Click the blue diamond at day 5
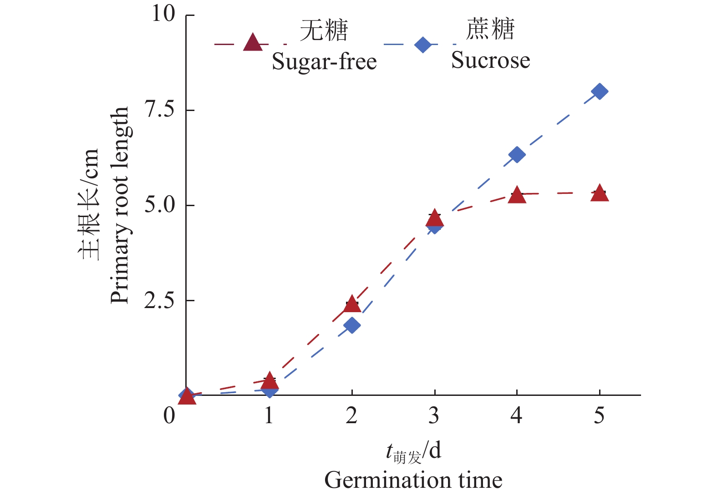point(600,91)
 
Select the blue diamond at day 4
point(517,155)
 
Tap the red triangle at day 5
point(600,193)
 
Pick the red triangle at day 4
point(517,195)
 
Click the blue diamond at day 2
point(352,325)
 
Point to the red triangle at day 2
point(352,304)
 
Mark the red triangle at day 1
point(270,380)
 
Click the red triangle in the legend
point(253,43)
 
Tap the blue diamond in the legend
point(423,45)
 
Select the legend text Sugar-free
point(324,61)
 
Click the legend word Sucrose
point(490,60)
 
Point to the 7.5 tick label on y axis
point(159,110)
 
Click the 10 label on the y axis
point(163,14)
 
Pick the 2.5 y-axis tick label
point(159,300)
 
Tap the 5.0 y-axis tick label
point(159,205)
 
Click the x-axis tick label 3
point(434,415)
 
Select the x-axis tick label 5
point(599,415)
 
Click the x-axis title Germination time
point(413,480)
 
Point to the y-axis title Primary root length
point(120,205)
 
